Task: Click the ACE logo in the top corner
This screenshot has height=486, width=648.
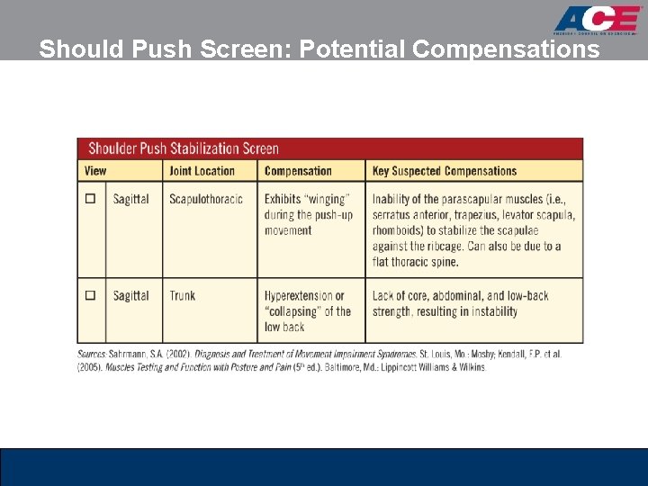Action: [x=596, y=20]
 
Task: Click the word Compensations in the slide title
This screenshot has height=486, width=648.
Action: [x=506, y=49]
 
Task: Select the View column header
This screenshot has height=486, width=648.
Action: [x=95, y=171]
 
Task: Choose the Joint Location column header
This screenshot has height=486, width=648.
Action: [x=202, y=171]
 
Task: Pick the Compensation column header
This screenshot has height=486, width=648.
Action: [x=298, y=171]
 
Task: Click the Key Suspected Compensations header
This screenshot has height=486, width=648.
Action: [x=445, y=171]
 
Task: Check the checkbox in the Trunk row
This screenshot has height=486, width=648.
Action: [x=91, y=295]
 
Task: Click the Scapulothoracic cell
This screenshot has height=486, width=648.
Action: [x=206, y=199]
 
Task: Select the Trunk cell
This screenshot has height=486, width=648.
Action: [x=183, y=295]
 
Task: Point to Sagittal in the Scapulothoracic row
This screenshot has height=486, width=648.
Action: [x=131, y=199]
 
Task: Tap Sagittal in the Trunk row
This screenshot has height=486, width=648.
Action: [x=131, y=295]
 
